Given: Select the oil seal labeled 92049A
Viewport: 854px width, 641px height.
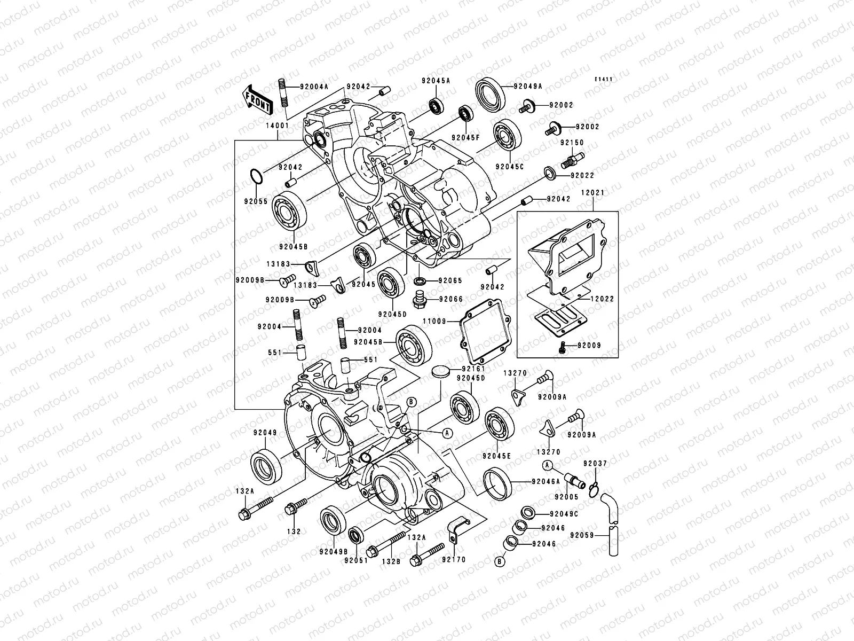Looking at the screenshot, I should point(489,95).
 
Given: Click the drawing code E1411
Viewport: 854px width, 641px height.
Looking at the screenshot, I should point(604,80).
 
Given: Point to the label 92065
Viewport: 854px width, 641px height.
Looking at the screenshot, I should point(450,280).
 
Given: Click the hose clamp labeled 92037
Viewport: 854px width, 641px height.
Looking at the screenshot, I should point(594,487).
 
